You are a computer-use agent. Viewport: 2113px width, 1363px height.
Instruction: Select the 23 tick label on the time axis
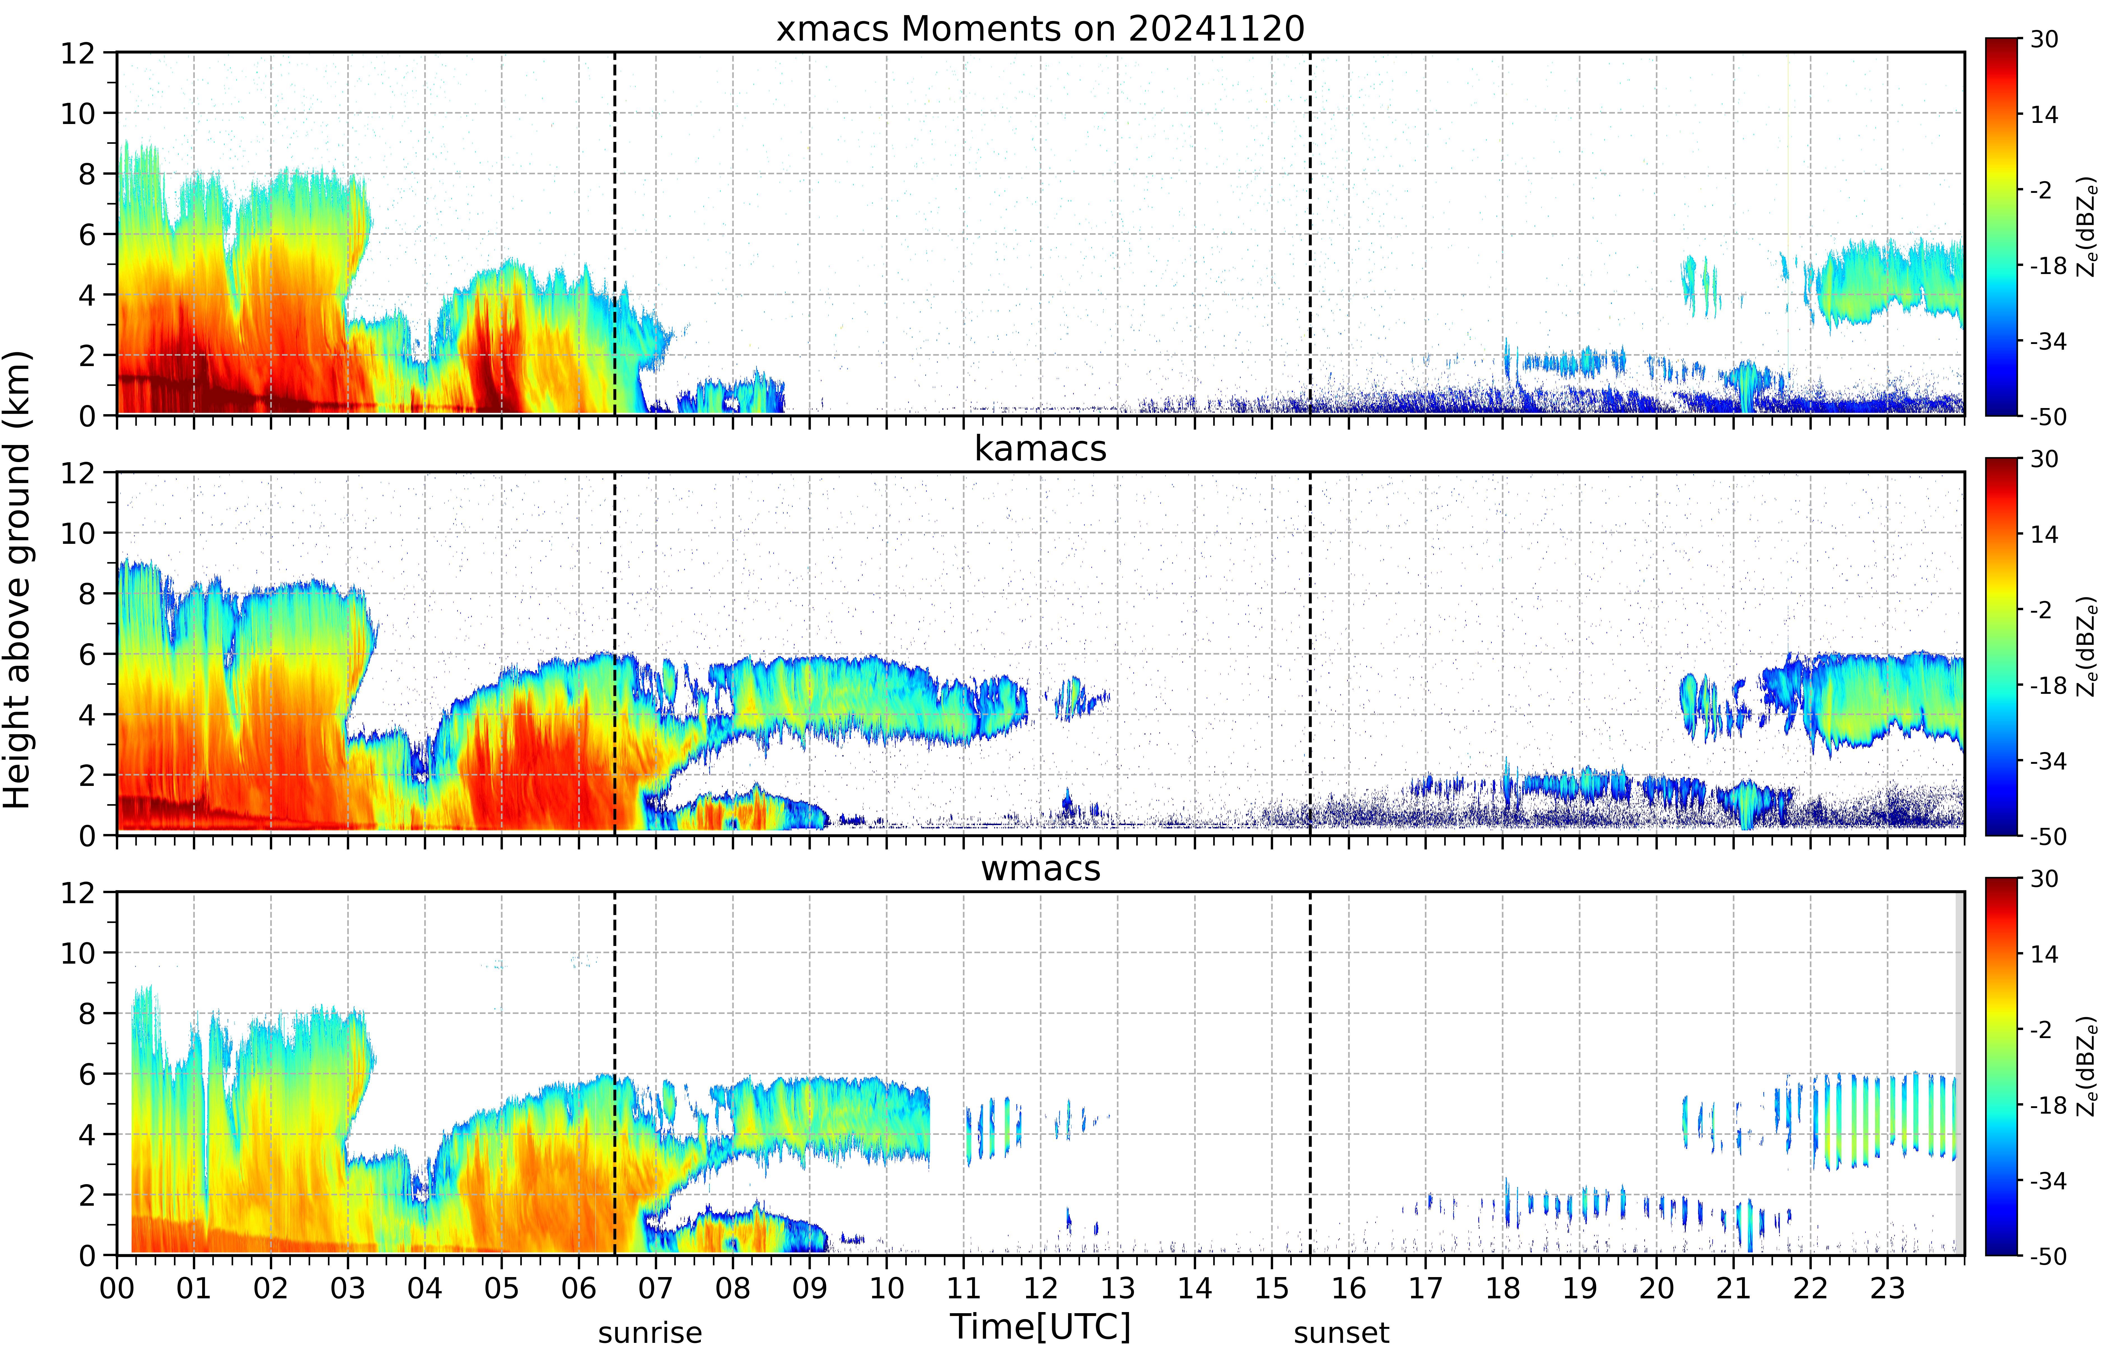coord(1887,1288)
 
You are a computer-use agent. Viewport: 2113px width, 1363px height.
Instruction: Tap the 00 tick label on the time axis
coord(117,1288)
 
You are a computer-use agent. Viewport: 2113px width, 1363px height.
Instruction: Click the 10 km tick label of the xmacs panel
coord(78,113)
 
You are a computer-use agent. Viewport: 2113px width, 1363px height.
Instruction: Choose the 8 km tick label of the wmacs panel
coord(87,1013)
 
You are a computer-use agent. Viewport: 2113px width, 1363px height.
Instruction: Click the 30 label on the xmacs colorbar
coord(2044,40)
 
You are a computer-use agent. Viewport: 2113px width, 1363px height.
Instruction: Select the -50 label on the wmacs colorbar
coord(2047,1256)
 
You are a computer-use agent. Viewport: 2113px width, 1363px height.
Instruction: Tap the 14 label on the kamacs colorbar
coord(2044,535)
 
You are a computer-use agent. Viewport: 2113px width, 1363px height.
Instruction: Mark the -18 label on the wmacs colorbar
coord(2047,1106)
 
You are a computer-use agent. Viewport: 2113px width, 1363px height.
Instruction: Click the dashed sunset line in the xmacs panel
coord(1310,234)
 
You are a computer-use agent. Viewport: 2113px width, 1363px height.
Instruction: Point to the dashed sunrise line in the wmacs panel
coord(614,1074)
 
